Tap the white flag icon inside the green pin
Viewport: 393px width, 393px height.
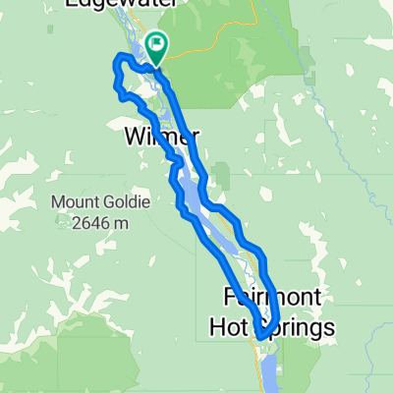coord(157,43)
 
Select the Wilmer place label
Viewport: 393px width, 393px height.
coord(162,136)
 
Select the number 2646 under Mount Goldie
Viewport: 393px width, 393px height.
coord(91,223)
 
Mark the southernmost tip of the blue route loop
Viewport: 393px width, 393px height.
coord(259,337)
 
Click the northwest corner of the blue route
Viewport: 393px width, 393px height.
coord(117,59)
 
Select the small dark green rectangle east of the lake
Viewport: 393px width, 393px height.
coord(223,177)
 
